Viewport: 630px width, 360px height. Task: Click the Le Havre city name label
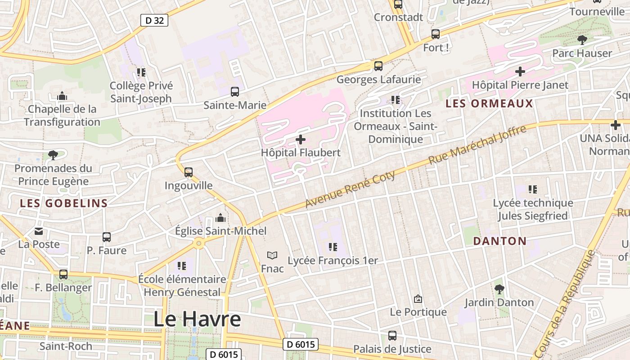pyautogui.click(x=197, y=319)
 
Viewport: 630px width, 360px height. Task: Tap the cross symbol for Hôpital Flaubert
pyautogui.click(x=300, y=139)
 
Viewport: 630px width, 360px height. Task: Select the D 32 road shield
pyautogui.click(x=154, y=20)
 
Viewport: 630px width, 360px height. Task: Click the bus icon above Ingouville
pyautogui.click(x=189, y=172)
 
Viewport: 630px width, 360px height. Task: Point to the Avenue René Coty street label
pyautogui.click(x=350, y=189)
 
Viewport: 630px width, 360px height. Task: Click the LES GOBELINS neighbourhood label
pyautogui.click(x=63, y=203)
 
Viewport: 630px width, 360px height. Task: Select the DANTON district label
pyautogui.click(x=499, y=241)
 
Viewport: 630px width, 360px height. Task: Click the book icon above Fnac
pyautogui.click(x=272, y=255)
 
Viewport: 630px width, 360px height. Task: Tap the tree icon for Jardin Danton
pyautogui.click(x=499, y=289)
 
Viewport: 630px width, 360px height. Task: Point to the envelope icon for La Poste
pyautogui.click(x=39, y=231)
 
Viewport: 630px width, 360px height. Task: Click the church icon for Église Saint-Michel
pyautogui.click(x=220, y=218)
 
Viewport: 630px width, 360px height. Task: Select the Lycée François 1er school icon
pyautogui.click(x=333, y=247)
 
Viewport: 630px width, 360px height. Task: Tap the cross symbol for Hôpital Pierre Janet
pyautogui.click(x=520, y=72)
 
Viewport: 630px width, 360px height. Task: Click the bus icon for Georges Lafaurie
pyautogui.click(x=378, y=66)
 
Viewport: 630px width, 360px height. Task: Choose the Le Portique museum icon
pyautogui.click(x=418, y=299)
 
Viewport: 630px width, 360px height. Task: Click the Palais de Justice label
pyautogui.click(x=392, y=349)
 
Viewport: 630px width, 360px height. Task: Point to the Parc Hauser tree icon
pyautogui.click(x=582, y=40)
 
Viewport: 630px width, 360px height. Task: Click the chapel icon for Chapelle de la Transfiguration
pyautogui.click(x=62, y=96)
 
